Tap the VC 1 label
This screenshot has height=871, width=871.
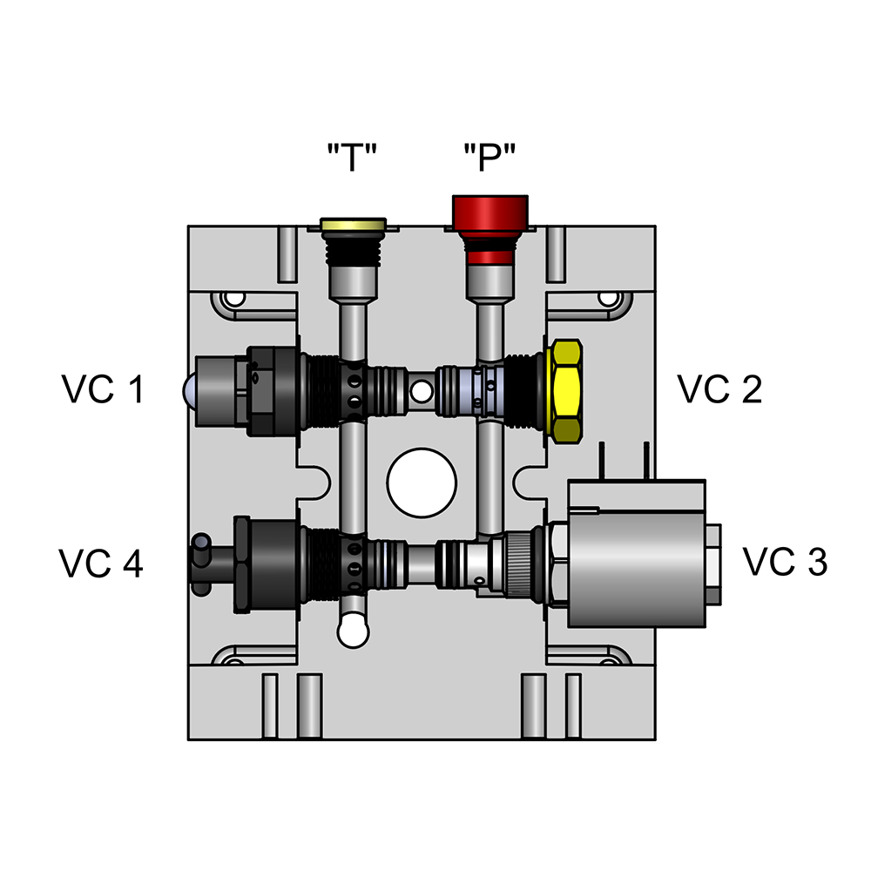103,389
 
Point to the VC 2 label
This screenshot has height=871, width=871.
719,389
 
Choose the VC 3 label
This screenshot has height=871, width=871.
784,562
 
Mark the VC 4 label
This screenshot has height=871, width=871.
101,564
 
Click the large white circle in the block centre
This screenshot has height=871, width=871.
422,483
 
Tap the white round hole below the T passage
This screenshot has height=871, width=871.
353,631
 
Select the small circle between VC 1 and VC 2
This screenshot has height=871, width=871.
422,389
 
